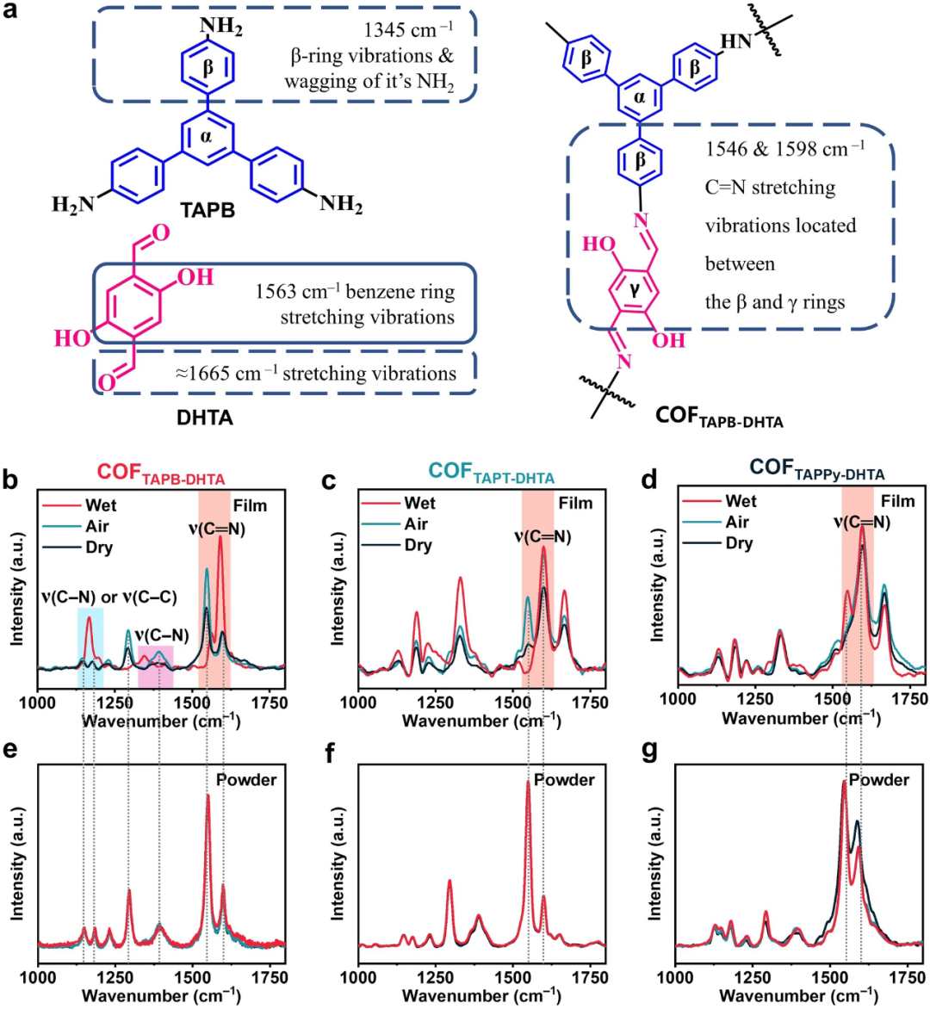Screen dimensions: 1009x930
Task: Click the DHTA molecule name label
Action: (x=205, y=418)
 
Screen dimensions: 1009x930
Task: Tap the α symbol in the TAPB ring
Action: (x=207, y=135)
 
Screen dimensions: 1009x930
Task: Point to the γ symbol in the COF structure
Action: (x=635, y=290)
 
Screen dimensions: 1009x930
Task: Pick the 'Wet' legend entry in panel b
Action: (x=100, y=505)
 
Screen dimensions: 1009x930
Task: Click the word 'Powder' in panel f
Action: (x=564, y=780)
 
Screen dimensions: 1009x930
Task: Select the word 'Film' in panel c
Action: (x=575, y=503)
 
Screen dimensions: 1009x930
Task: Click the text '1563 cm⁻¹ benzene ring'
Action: (x=355, y=292)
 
